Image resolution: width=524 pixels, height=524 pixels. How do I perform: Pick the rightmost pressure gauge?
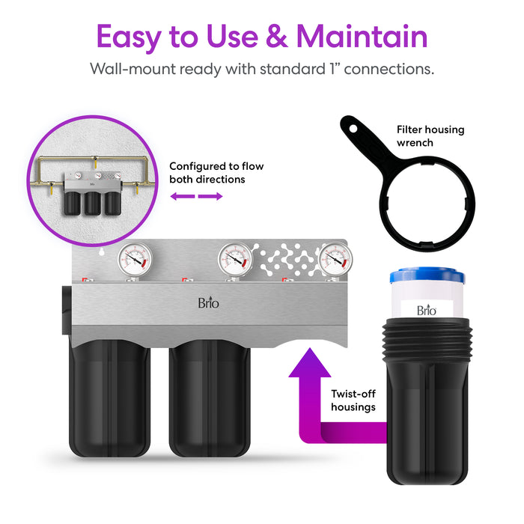[x=334, y=259]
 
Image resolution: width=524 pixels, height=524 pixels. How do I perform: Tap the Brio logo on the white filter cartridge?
[x=426, y=310]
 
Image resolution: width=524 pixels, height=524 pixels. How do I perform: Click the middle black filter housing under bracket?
[x=209, y=397]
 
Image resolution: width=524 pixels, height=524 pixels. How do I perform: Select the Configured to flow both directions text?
[x=216, y=173]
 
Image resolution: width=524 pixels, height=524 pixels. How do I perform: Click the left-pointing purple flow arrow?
[x=182, y=196]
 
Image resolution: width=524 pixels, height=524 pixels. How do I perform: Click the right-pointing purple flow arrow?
[x=212, y=196]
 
